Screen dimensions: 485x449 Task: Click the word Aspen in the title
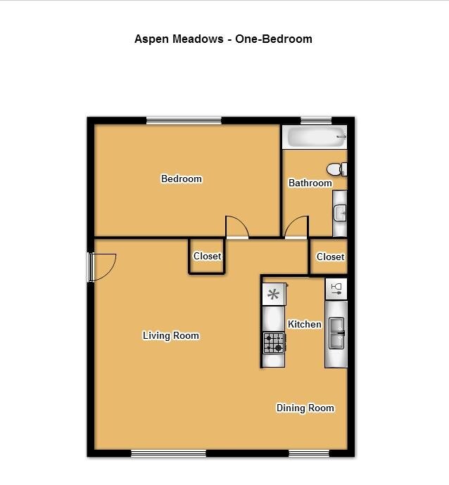click(x=150, y=39)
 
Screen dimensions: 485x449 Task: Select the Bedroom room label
click(x=182, y=179)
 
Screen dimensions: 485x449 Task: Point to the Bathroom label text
click(x=310, y=183)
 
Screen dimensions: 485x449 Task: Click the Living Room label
click(x=171, y=335)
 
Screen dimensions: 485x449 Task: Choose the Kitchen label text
click(x=304, y=324)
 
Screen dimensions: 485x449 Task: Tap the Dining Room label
click(x=305, y=408)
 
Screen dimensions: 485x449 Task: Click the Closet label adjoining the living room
click(x=207, y=257)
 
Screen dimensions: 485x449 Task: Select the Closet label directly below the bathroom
click(x=330, y=257)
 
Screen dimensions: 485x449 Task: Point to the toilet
click(x=336, y=169)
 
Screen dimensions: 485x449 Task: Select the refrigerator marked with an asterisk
click(x=274, y=294)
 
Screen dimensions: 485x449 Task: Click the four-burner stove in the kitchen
click(x=274, y=342)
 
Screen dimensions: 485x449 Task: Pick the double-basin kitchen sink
click(x=336, y=332)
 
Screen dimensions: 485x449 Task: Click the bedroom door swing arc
click(x=238, y=226)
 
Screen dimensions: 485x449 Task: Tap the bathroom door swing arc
click(x=296, y=227)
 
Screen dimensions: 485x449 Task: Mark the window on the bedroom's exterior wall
click(x=184, y=120)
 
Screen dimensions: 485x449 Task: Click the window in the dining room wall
click(x=308, y=453)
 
